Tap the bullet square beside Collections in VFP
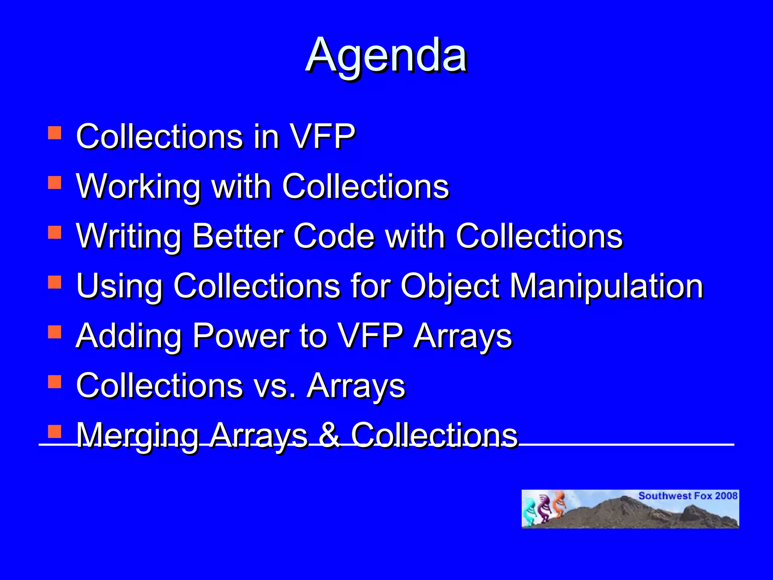(x=55, y=133)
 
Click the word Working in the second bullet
(x=138, y=186)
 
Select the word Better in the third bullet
(x=237, y=236)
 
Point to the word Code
(x=334, y=236)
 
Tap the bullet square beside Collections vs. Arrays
(x=55, y=382)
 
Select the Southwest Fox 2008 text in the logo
(x=688, y=496)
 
